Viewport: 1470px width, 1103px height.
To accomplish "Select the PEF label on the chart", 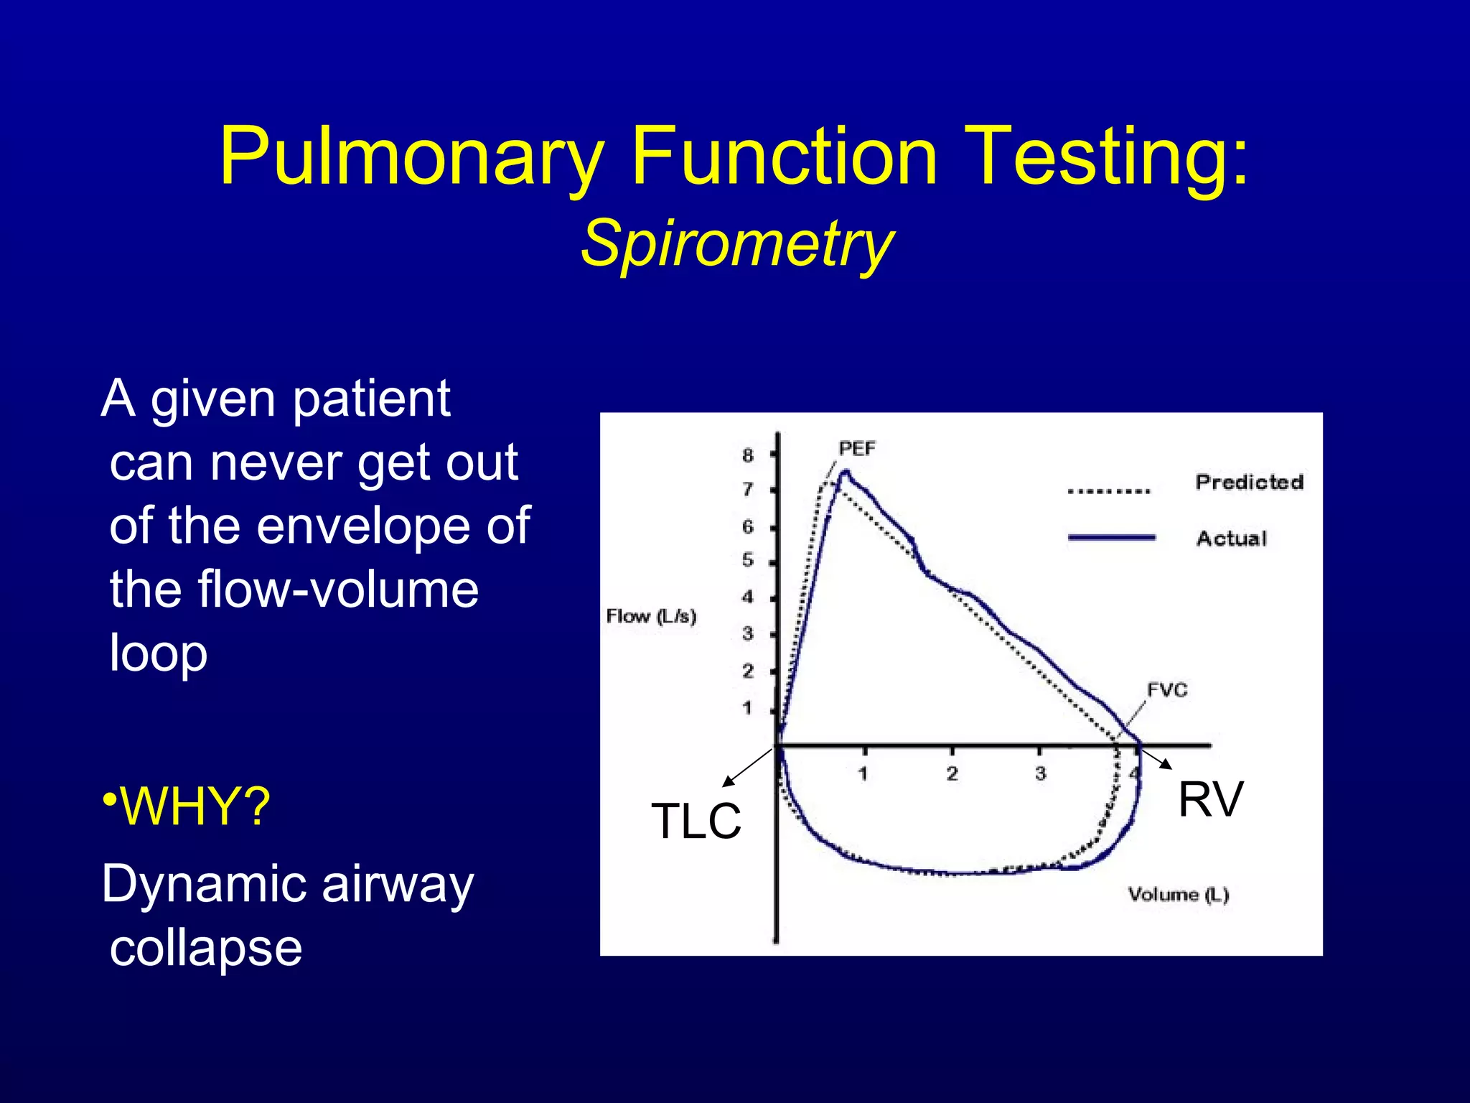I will [857, 449].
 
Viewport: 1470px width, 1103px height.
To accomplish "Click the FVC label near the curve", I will [1167, 690].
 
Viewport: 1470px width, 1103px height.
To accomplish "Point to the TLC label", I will [696, 821].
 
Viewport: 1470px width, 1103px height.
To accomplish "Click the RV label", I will [1210, 799].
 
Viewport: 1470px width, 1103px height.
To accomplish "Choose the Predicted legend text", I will [1249, 483].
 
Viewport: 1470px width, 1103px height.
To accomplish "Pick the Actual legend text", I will [1231, 539].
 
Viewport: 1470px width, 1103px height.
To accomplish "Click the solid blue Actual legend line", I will [1111, 537].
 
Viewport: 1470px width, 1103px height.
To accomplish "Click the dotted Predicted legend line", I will [1109, 492].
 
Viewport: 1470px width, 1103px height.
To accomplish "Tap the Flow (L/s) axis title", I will [651, 616].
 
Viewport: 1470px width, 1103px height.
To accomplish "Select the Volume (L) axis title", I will [1178, 895].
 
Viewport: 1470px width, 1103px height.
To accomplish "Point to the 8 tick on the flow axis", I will [748, 455].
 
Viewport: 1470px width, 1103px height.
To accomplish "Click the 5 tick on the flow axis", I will [748, 560].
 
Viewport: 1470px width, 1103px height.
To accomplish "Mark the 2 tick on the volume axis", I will [952, 774].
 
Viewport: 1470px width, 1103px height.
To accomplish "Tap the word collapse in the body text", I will [205, 948].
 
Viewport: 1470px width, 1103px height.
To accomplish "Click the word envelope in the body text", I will [363, 526].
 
